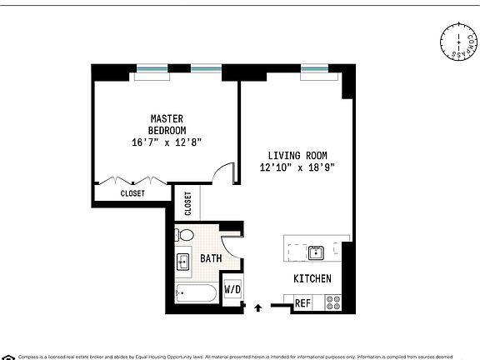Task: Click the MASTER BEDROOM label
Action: click(x=167, y=124)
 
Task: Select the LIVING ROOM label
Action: click(x=297, y=155)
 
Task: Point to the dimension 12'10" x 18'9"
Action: click(x=297, y=167)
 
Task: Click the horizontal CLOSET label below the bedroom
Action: click(x=132, y=193)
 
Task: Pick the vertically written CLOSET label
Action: click(x=187, y=204)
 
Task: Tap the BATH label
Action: click(x=211, y=258)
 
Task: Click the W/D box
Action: click(x=232, y=289)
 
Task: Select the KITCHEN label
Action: click(x=312, y=278)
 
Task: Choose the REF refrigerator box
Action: click(x=303, y=303)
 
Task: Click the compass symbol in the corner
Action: click(x=456, y=43)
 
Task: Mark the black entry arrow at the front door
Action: click(x=257, y=307)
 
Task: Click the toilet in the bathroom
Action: click(x=187, y=235)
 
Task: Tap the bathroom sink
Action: click(x=184, y=263)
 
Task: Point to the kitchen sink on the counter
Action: click(x=316, y=252)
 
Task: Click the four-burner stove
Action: click(x=332, y=302)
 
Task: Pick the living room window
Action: click(x=313, y=68)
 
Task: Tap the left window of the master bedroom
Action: click(x=150, y=68)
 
